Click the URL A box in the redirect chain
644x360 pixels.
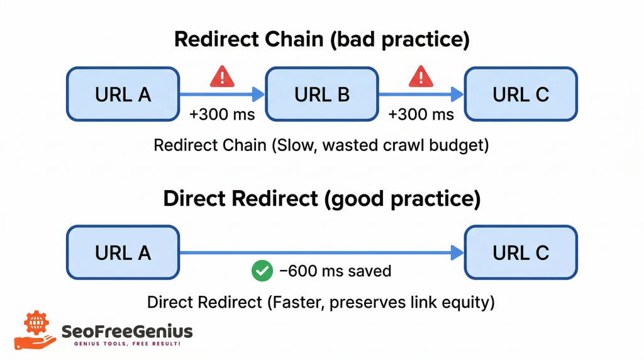(x=123, y=94)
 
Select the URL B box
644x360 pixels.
(x=322, y=94)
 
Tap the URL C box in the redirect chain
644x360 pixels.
(x=521, y=94)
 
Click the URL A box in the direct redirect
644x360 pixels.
(x=123, y=252)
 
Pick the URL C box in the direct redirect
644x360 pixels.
(x=521, y=252)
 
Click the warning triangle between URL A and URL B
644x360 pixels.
(x=221, y=77)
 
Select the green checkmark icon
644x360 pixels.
(x=261, y=271)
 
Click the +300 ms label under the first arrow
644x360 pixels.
(x=222, y=115)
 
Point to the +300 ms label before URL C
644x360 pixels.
(x=421, y=115)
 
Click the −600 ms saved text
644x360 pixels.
(x=335, y=271)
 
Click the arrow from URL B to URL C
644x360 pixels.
(x=421, y=95)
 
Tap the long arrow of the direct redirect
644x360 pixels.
(x=321, y=253)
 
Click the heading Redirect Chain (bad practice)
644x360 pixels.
(x=321, y=39)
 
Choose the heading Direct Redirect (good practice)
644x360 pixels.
(x=321, y=199)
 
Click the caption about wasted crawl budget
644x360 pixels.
(x=321, y=145)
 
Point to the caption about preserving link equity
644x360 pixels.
(x=321, y=302)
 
